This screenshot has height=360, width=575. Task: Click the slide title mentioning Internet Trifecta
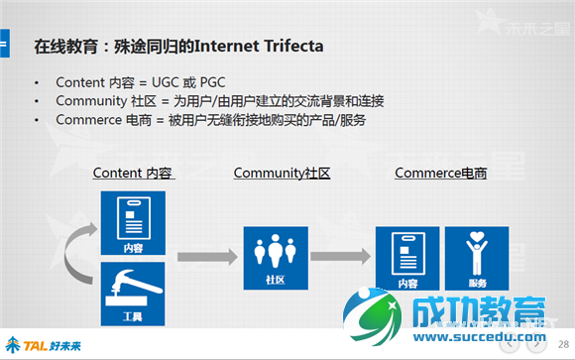click(178, 47)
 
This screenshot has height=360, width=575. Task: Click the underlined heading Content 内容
click(134, 173)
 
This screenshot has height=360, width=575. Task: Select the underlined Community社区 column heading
click(282, 173)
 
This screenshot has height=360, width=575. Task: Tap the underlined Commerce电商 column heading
click(441, 173)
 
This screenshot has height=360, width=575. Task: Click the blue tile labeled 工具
click(133, 295)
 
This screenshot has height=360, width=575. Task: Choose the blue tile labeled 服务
click(478, 259)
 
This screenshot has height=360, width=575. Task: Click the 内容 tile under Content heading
click(133, 224)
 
